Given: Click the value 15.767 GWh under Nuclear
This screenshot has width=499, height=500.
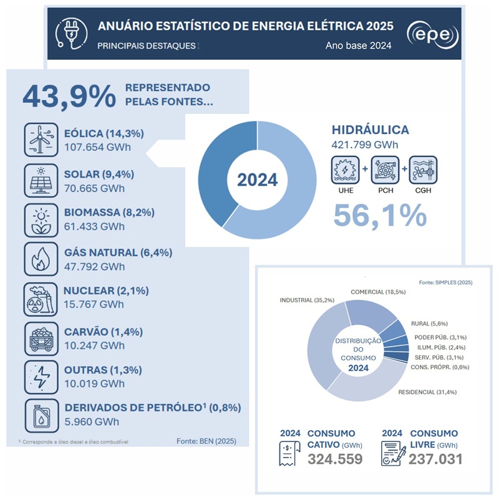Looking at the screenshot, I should click(94, 305).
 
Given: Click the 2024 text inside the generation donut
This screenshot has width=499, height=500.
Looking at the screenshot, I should click(257, 180).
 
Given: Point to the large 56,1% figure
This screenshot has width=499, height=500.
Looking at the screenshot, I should click(380, 214).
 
